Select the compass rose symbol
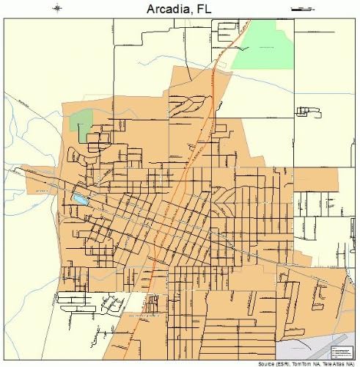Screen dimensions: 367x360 (x=58, y=9)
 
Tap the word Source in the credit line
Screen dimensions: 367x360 (x=257, y=363)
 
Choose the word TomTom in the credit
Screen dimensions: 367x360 (x=297, y=363)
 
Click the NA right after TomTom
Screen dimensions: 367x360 (x=312, y=363)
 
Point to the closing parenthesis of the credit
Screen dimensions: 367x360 (x=356, y=363)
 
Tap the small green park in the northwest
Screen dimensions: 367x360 (x=82, y=121)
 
